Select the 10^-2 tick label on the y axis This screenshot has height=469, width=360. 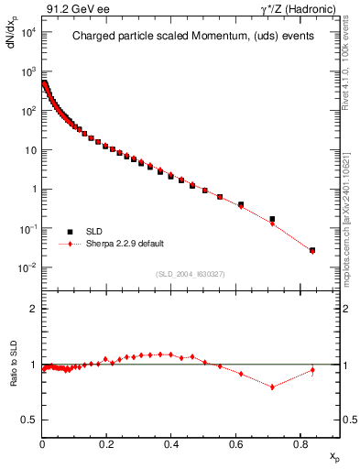[x=27, y=268]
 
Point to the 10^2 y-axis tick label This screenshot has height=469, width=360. [x=27, y=111]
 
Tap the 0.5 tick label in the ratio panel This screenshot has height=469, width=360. [x=29, y=420]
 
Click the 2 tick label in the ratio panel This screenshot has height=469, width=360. [x=34, y=309]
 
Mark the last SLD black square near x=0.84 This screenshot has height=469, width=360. [x=312, y=250]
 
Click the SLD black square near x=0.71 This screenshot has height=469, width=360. [x=272, y=219]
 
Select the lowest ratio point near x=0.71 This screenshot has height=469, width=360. [x=272, y=387]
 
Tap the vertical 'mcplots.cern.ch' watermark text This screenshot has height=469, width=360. [x=347, y=220]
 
